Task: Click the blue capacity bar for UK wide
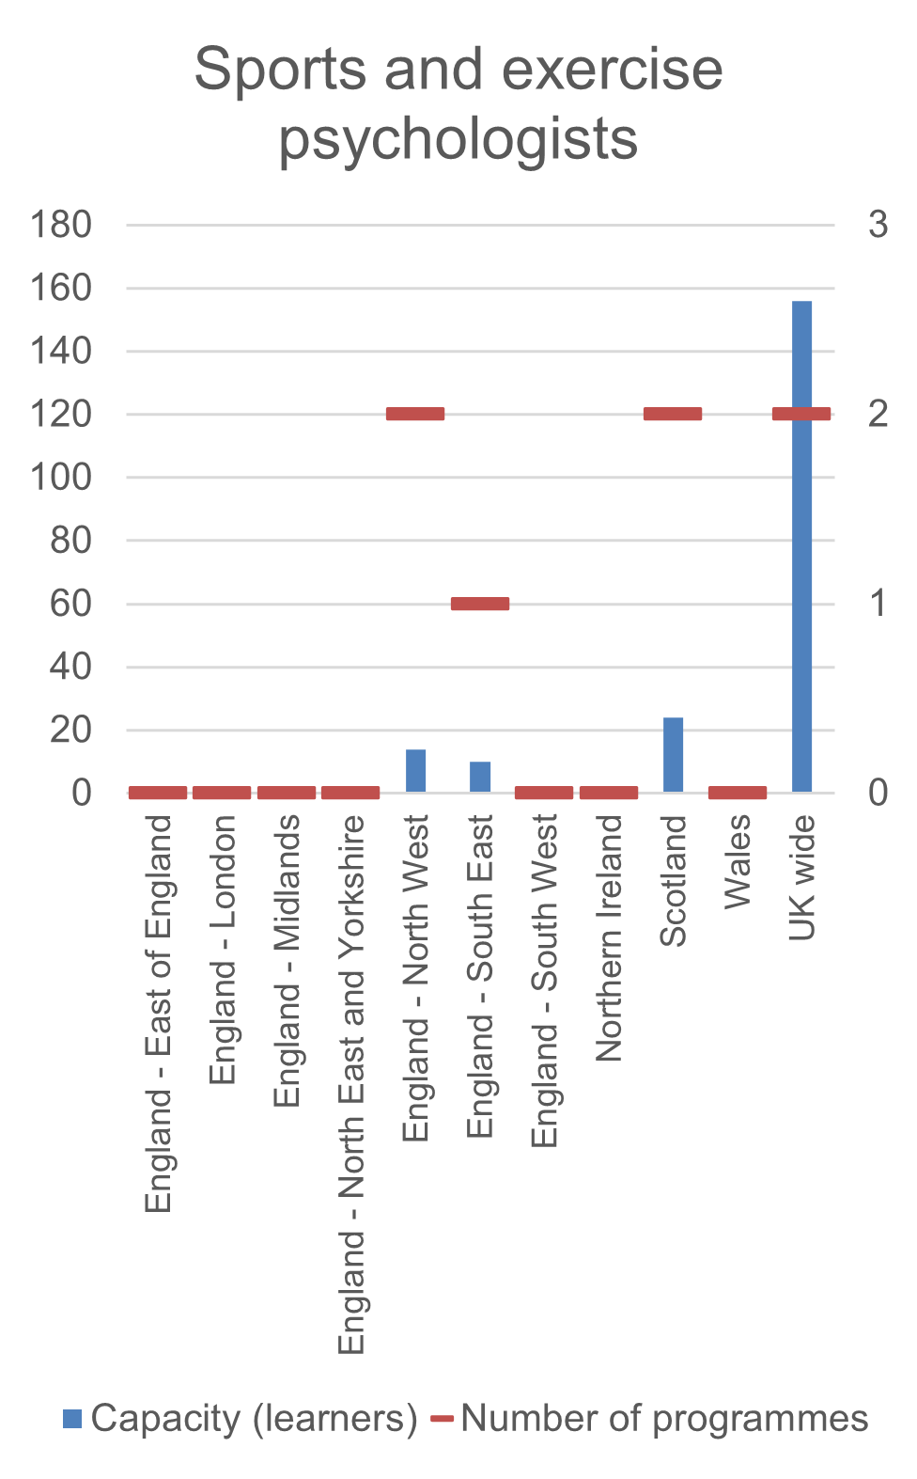[x=801, y=583]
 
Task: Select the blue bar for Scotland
[x=673, y=755]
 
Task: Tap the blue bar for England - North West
[x=415, y=771]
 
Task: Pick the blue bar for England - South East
[x=480, y=777]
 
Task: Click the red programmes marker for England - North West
[x=415, y=414]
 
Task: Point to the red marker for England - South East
[x=480, y=604]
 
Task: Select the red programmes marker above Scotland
[x=673, y=414]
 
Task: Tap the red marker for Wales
[x=738, y=793]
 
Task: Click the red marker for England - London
[x=222, y=793]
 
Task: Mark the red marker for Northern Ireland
[x=609, y=793]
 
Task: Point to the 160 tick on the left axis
[x=61, y=288]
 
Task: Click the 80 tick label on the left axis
[x=71, y=541]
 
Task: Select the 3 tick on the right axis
[x=878, y=225]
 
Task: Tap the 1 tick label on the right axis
[x=878, y=604]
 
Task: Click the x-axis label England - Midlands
[x=287, y=961]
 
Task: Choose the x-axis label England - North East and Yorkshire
[x=351, y=1084]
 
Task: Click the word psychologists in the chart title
[x=458, y=139]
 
